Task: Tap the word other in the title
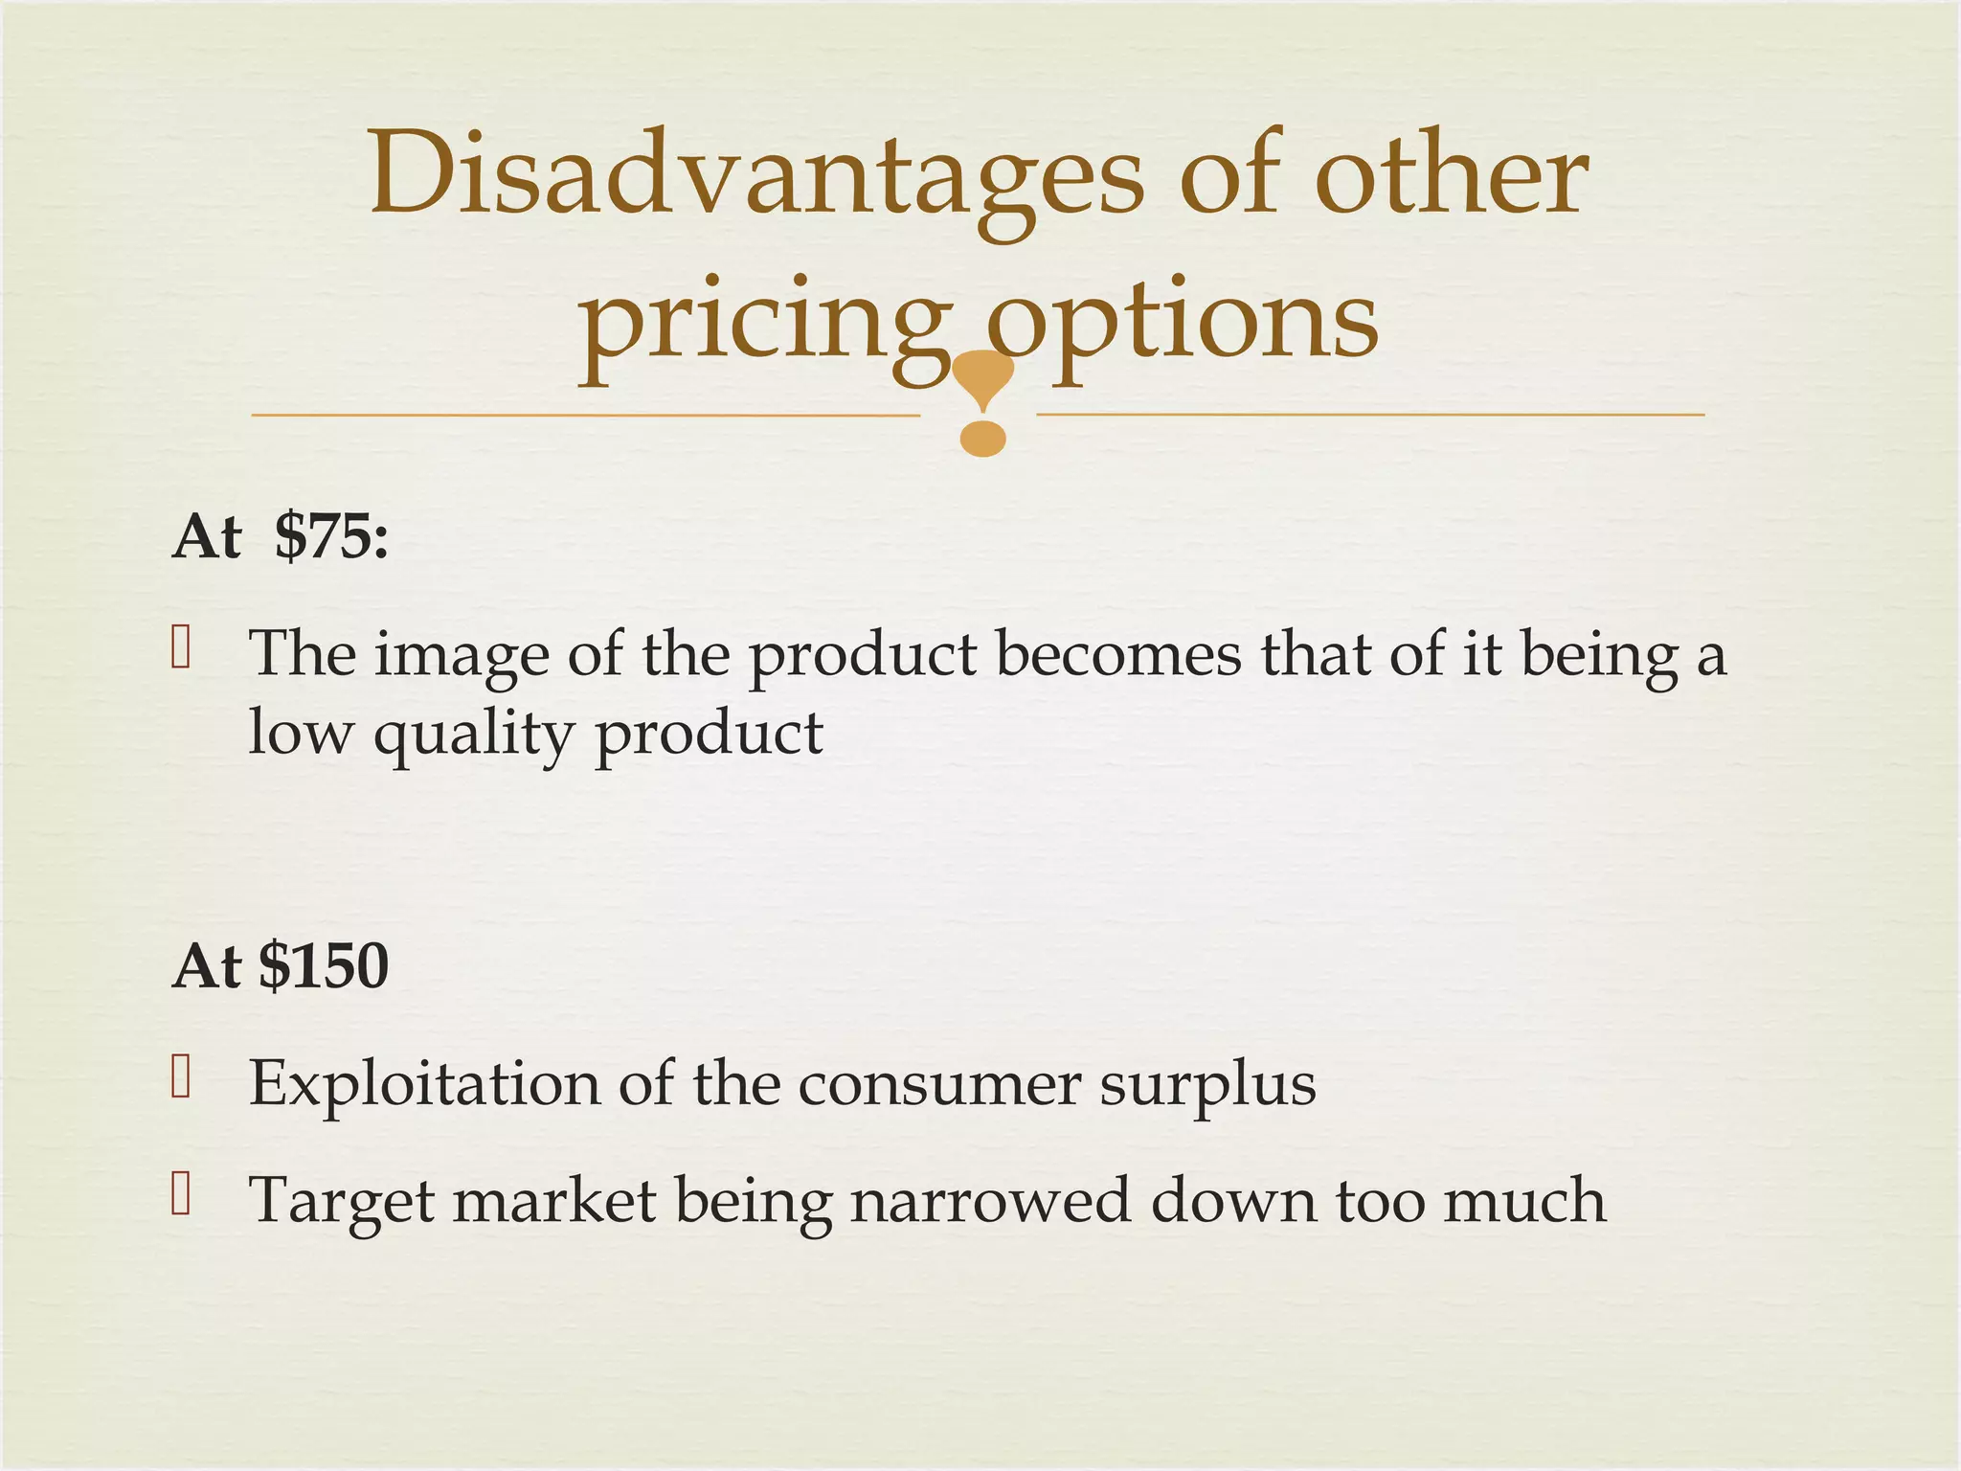point(1451,175)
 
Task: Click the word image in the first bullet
point(462,657)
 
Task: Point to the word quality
point(473,735)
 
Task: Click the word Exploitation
point(424,1085)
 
